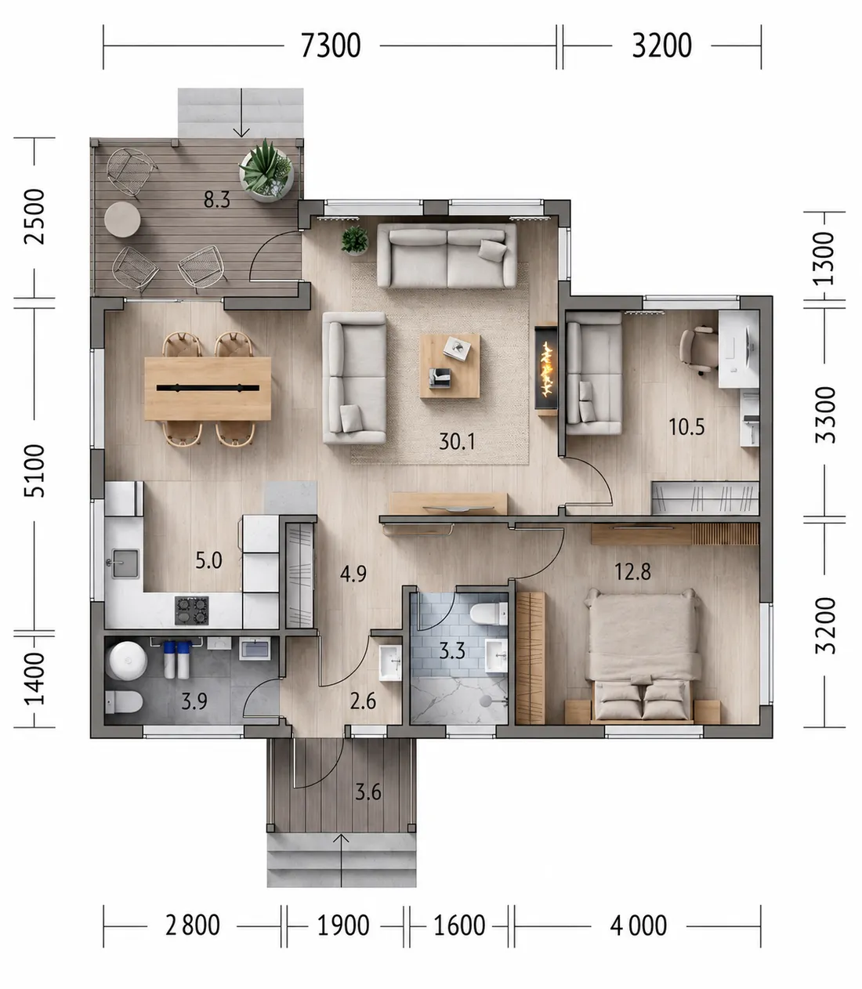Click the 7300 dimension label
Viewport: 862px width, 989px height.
pos(331,45)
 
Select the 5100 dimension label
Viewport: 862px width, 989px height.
pos(34,470)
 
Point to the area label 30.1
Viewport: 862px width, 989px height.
pos(457,441)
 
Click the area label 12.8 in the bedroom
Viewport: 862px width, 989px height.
pos(632,572)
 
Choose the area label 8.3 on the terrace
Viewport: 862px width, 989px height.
pos(216,200)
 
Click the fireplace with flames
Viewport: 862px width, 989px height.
pos(546,369)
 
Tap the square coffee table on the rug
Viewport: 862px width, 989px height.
pos(450,366)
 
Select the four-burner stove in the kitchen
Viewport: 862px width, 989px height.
pos(192,610)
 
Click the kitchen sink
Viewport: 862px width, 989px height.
pos(125,563)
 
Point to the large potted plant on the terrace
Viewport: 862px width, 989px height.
pos(266,171)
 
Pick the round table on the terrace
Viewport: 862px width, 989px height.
pos(122,219)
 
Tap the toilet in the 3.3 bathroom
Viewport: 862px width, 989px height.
pos(489,614)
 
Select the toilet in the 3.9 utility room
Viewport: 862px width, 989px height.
pos(124,702)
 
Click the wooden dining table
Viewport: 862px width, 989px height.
pos(208,389)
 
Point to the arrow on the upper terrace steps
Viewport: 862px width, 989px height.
pos(241,113)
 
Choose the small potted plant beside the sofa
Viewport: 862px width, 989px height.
pos(355,241)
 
